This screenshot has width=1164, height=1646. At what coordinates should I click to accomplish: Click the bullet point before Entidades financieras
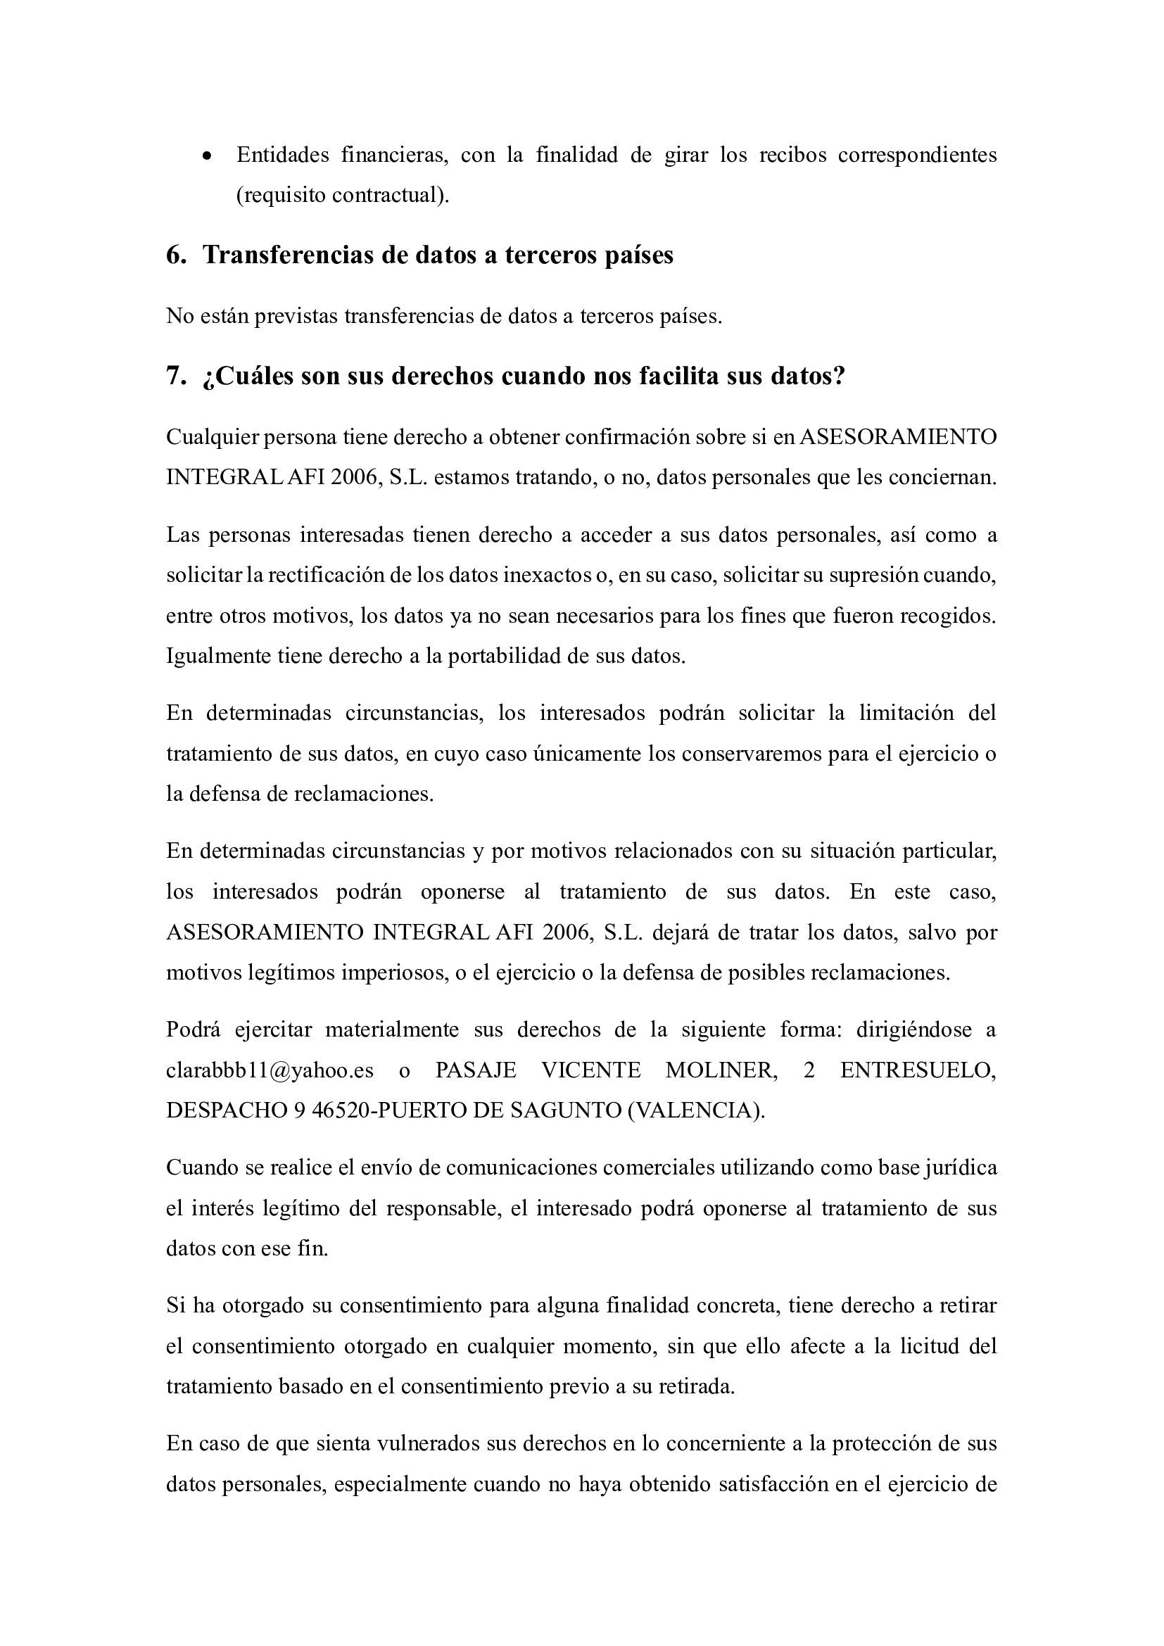pyautogui.click(x=207, y=157)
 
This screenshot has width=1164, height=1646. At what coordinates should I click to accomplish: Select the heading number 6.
pyautogui.click(x=177, y=255)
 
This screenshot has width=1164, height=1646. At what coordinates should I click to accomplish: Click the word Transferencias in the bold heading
pyautogui.click(x=286, y=255)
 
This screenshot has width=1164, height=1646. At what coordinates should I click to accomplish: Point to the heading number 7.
pyautogui.click(x=177, y=376)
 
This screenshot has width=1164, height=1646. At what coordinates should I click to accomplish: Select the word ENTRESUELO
pyautogui.click(x=918, y=1070)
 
